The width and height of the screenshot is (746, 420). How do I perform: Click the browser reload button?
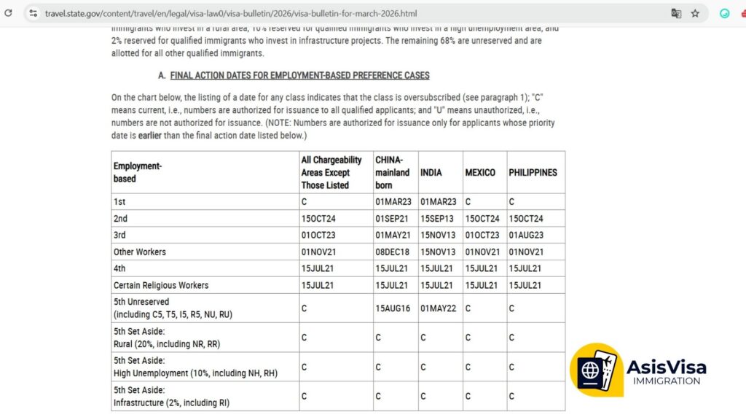(x=9, y=13)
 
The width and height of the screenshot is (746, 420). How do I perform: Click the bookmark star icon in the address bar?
(x=696, y=13)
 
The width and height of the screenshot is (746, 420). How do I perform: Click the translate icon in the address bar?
(x=676, y=13)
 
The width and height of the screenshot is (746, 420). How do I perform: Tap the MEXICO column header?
(x=480, y=173)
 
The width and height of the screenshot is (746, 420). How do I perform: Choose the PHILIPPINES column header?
(x=533, y=173)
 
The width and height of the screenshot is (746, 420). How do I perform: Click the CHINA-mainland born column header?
(x=393, y=173)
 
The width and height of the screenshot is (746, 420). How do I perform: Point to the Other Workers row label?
(x=140, y=252)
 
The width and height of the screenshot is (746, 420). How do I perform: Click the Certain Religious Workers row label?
(x=161, y=285)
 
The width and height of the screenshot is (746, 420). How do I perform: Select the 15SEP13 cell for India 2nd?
(x=438, y=218)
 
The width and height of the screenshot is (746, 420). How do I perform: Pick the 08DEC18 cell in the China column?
(x=393, y=252)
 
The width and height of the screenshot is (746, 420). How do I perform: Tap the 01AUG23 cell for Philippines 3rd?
(x=526, y=235)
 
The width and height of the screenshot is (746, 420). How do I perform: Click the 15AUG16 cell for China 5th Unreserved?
(x=393, y=308)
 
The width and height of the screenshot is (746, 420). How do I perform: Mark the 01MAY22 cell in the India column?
(x=438, y=308)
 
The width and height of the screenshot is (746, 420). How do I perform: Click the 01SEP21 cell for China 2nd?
(x=393, y=218)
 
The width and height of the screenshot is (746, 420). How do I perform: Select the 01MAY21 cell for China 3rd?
(x=393, y=235)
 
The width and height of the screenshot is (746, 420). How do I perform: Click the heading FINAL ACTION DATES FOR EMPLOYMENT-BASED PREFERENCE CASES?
(x=299, y=75)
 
